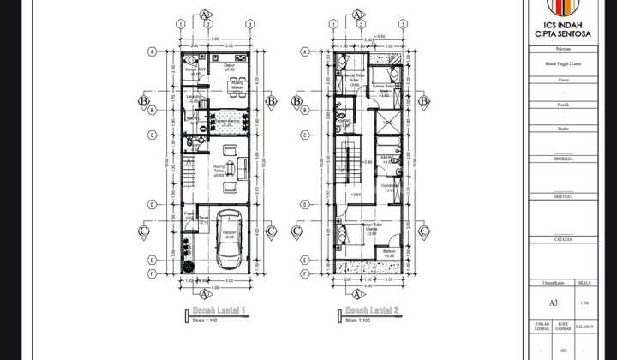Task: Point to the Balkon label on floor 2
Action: [x=389, y=253]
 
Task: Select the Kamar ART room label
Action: [x=195, y=70]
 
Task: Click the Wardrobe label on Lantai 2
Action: [x=387, y=187]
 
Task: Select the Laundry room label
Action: [x=193, y=97]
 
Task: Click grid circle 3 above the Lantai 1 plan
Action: [x=249, y=24]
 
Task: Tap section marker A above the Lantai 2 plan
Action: [x=355, y=15]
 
